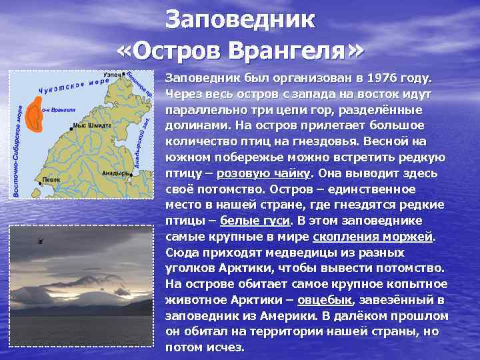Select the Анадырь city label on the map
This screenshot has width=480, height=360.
[x=115, y=172]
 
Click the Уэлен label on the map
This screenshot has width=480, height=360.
[x=113, y=75]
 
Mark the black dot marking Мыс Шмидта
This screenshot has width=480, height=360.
[x=71, y=127]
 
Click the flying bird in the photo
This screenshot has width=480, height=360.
[x=41, y=240]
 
